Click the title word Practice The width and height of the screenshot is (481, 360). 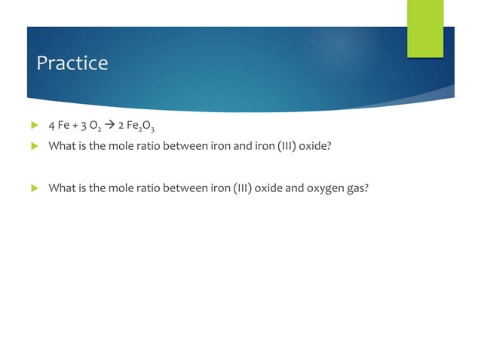coord(72,63)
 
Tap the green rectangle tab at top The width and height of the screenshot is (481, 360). coord(425,28)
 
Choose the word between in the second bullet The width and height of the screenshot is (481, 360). coord(188,145)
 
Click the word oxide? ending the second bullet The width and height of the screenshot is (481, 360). coord(315,145)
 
